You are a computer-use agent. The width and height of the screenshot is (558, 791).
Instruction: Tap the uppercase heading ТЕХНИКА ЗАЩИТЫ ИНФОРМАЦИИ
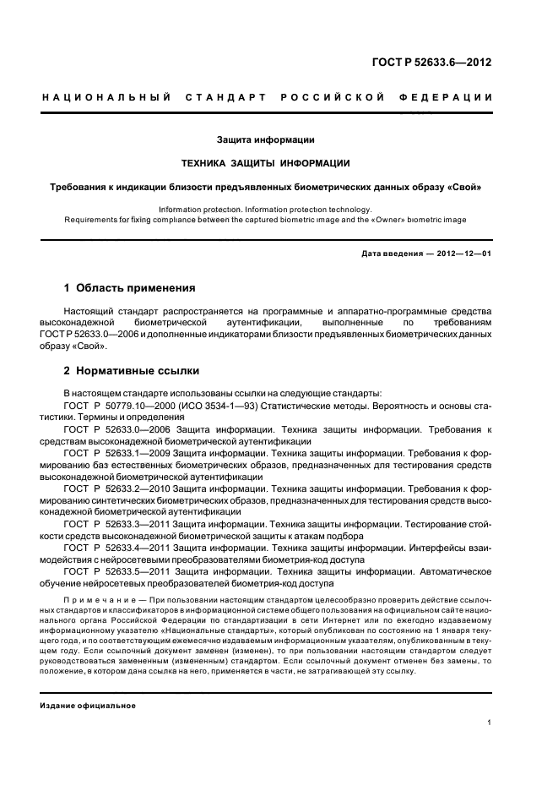[266, 162]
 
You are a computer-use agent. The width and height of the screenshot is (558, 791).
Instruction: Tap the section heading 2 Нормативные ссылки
[133, 371]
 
